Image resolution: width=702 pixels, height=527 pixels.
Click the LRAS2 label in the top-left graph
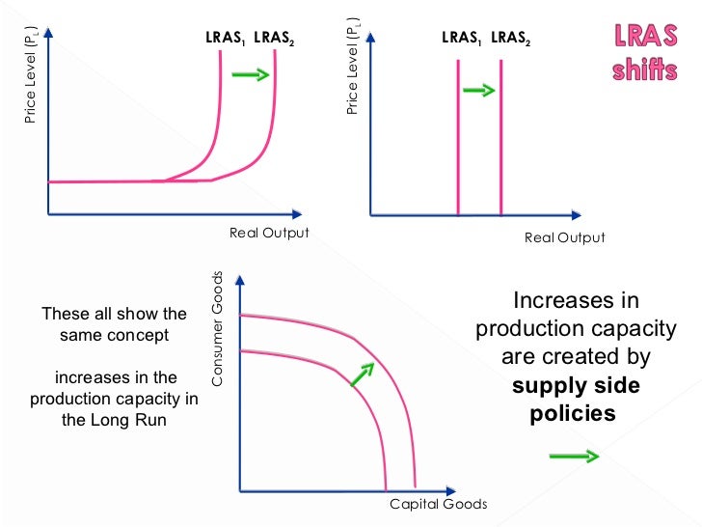click(x=274, y=40)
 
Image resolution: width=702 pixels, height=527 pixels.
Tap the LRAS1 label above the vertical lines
click(x=461, y=40)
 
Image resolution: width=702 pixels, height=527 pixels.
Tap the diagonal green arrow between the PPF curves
click(x=361, y=375)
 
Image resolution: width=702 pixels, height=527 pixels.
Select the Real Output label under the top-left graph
click(x=269, y=233)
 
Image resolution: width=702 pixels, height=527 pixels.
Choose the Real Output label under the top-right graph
click(x=565, y=237)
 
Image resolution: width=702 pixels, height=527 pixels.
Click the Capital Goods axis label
click(x=438, y=504)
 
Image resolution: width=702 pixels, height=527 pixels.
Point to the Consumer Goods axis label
click(x=217, y=328)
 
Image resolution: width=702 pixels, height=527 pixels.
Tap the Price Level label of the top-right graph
click(x=352, y=67)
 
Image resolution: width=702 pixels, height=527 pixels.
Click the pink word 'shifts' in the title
click(x=644, y=72)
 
